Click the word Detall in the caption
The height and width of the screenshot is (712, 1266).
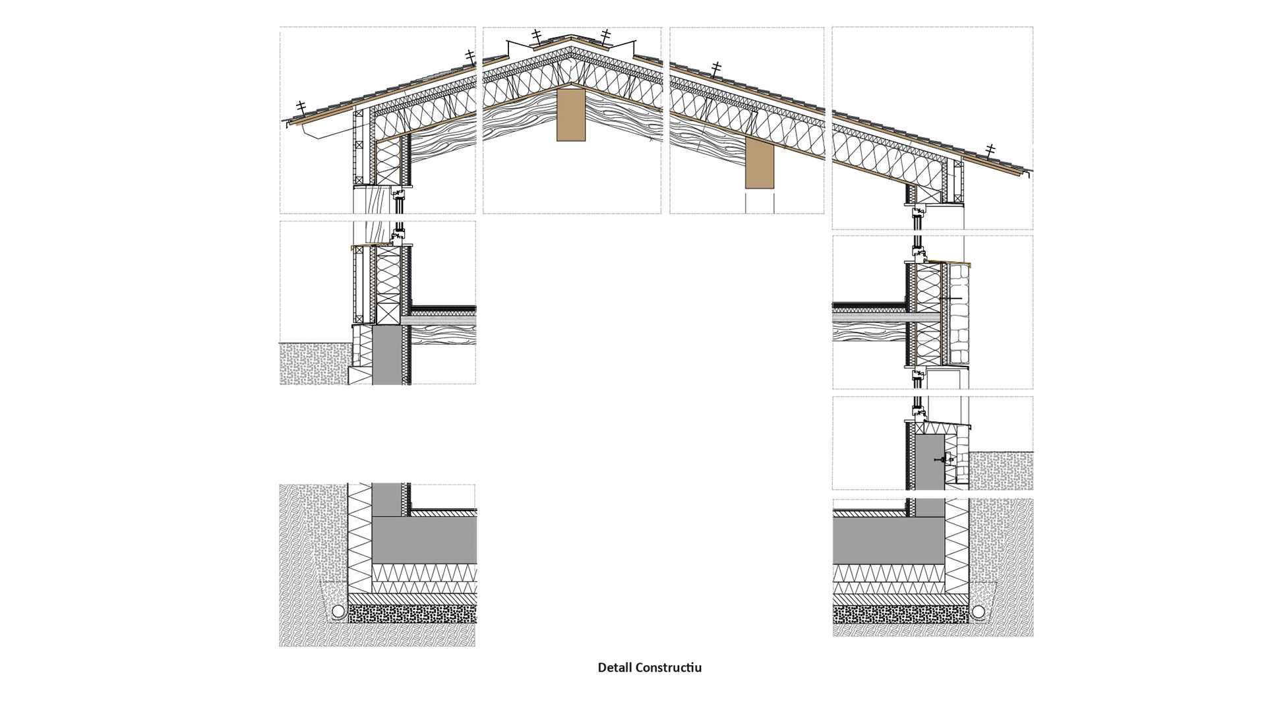(x=615, y=668)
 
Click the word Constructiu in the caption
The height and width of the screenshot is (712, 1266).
(x=669, y=668)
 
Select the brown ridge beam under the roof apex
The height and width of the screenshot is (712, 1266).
(x=570, y=115)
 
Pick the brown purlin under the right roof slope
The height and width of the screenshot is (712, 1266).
(x=760, y=165)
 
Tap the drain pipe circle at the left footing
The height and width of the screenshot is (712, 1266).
(x=338, y=611)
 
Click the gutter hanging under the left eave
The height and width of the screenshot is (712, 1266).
(x=315, y=134)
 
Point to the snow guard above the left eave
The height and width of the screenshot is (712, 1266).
(x=301, y=107)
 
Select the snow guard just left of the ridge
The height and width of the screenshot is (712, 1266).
(x=537, y=35)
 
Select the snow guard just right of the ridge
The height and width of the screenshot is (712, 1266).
(x=605, y=35)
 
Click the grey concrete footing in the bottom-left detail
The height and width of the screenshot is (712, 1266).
(x=424, y=539)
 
